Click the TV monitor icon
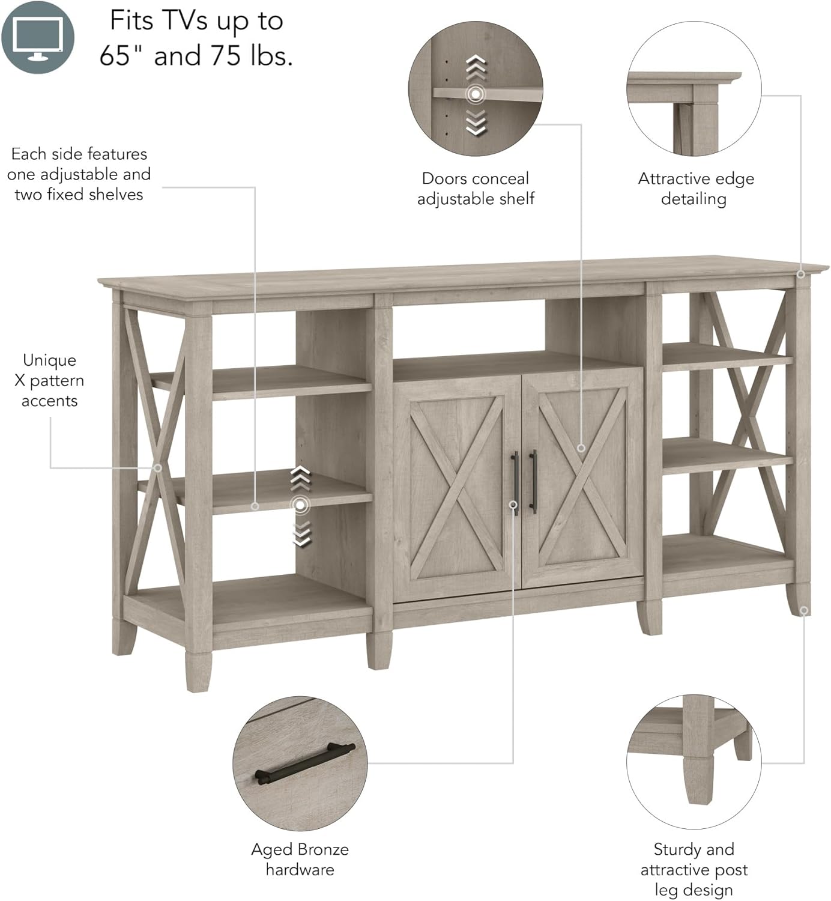tap(37, 37)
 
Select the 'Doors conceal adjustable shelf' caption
tap(476, 189)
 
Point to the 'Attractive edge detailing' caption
tap(695, 189)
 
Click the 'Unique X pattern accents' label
tap(49, 380)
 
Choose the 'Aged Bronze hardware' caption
tap(300, 859)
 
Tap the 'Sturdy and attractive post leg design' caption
tap(694, 869)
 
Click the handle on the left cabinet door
tap(515, 481)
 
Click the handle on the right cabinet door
tap(533, 481)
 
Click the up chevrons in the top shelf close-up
tap(476, 67)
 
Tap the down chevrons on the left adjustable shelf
tap(301, 533)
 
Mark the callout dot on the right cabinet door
tap(581, 448)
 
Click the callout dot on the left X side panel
tap(157, 467)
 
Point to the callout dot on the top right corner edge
tap(800, 275)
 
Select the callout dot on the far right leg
tap(804, 610)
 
